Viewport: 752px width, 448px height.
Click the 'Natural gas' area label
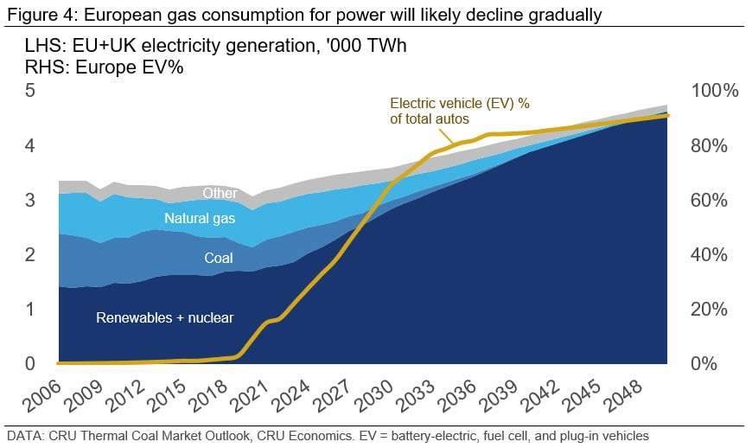pyautogui.click(x=199, y=219)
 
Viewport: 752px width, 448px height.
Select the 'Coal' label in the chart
pyautogui.click(x=219, y=258)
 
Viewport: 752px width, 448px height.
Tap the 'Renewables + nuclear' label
pyautogui.click(x=164, y=317)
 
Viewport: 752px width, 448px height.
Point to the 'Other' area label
pyautogui.click(x=220, y=194)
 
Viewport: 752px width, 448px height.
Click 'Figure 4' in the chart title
pyautogui.click(x=35, y=14)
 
